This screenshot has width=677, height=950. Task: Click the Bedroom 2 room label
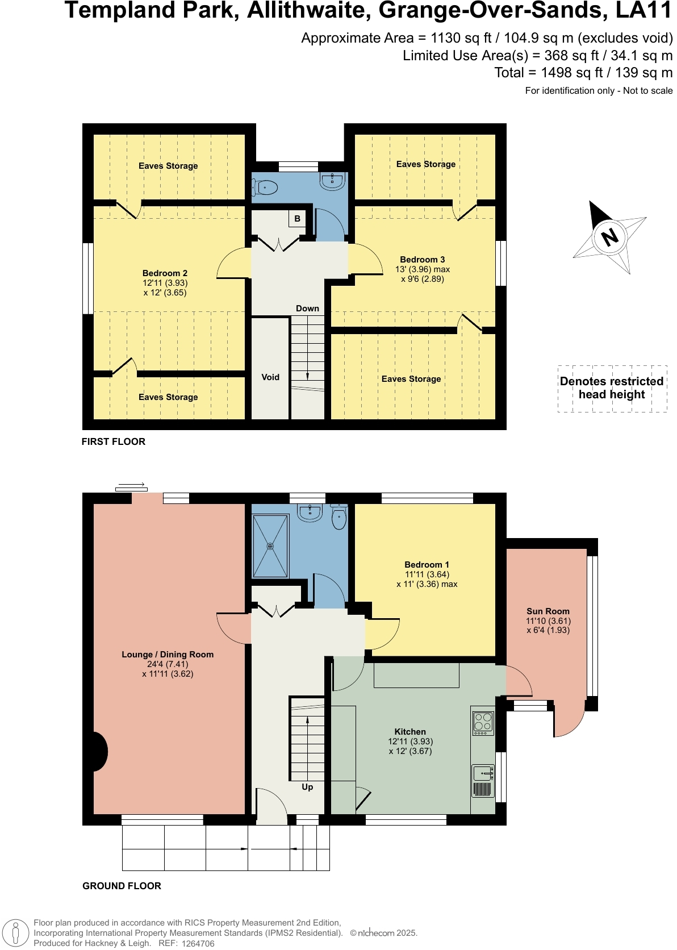click(165, 273)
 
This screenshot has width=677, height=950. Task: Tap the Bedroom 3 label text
click(422, 260)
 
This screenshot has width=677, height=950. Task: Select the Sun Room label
click(548, 611)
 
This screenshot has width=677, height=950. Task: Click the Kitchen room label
click(410, 732)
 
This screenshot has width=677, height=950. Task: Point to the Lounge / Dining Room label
click(168, 655)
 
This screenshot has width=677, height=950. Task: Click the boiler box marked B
click(297, 218)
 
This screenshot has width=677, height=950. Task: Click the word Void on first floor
click(270, 377)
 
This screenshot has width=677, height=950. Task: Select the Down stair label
click(307, 309)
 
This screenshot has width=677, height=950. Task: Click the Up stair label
click(307, 787)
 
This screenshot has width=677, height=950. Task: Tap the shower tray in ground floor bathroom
click(270, 546)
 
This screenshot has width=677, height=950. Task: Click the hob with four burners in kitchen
click(483, 723)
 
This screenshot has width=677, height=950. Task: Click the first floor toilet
click(265, 187)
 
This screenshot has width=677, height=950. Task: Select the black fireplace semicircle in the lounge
click(101, 752)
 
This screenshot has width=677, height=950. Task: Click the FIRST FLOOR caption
click(113, 441)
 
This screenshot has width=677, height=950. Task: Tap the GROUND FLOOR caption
click(122, 886)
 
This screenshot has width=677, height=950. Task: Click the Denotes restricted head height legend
click(612, 388)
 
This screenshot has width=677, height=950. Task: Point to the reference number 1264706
click(198, 944)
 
